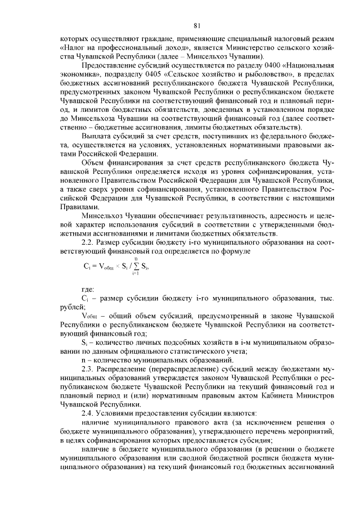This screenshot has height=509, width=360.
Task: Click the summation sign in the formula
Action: click(x=136, y=266)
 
